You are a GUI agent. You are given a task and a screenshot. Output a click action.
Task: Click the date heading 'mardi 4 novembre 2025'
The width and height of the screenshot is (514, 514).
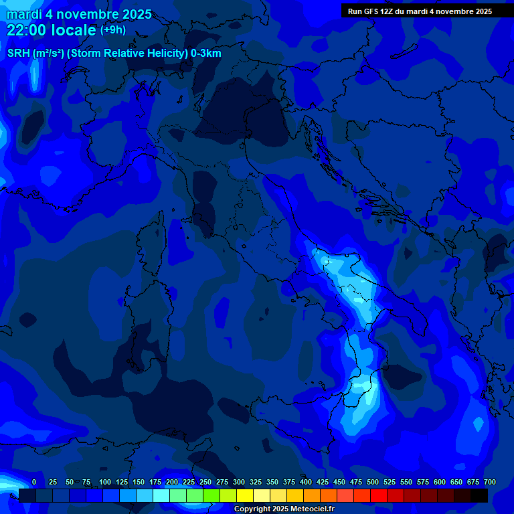(x=79, y=14)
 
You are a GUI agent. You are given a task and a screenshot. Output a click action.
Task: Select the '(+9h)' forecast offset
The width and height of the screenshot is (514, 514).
(x=113, y=30)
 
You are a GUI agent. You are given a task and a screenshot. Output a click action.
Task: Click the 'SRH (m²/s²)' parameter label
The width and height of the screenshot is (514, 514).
(x=35, y=54)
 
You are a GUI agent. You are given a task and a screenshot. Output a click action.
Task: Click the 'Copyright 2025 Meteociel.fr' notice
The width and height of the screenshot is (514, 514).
(x=284, y=509)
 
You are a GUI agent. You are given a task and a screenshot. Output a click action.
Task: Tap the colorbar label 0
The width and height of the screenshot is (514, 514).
(x=34, y=482)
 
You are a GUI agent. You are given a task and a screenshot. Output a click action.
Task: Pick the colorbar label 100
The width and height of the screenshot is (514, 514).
(x=105, y=482)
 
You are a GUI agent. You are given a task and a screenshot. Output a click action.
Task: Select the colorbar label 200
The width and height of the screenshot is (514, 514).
(x=172, y=482)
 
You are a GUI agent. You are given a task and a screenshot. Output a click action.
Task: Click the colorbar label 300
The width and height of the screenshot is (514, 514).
(x=239, y=482)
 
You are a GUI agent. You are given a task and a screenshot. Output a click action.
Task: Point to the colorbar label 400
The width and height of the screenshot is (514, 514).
(x=306, y=482)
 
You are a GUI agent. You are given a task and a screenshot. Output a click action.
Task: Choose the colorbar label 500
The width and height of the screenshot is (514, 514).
(x=373, y=482)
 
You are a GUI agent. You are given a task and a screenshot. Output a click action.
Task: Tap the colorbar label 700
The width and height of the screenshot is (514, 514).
(x=490, y=482)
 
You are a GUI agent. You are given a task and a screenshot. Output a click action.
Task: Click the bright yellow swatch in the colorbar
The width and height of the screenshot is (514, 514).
(x=245, y=496)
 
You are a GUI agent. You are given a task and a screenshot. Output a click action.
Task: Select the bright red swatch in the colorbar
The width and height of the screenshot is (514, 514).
(x=379, y=496)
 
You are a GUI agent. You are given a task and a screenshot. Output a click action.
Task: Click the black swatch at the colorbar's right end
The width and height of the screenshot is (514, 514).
(x=479, y=496)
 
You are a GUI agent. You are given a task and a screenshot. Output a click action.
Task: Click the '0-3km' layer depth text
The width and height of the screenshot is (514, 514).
(x=206, y=54)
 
